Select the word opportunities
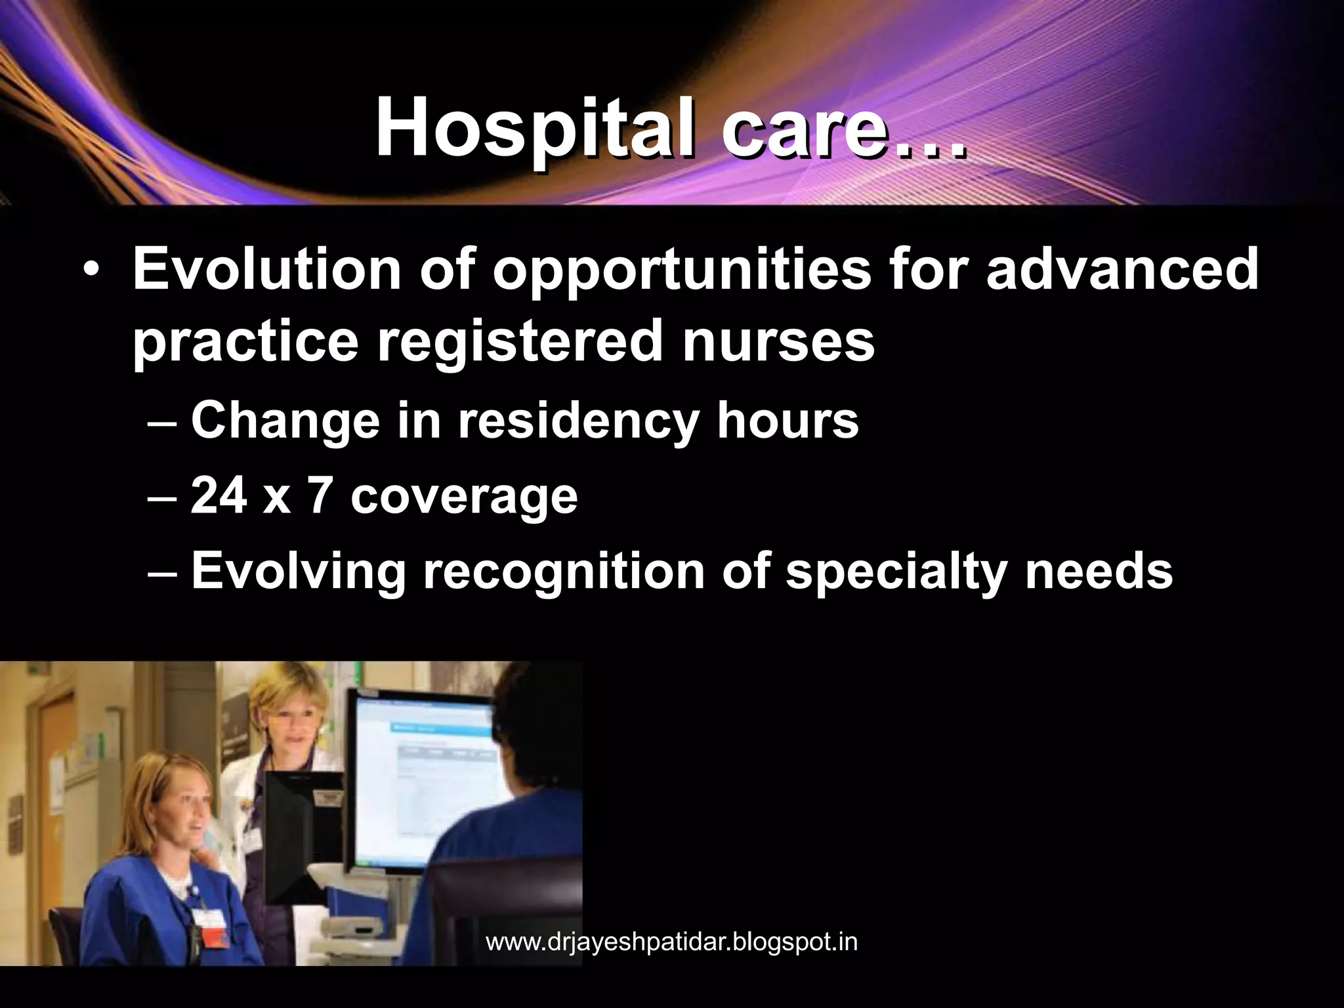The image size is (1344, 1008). point(681,270)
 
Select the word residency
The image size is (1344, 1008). point(578,421)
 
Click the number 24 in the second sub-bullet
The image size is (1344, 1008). point(219,495)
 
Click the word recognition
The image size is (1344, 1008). point(564,572)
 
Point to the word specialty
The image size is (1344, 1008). point(896,572)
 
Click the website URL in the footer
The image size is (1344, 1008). point(671,942)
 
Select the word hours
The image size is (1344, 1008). point(787,420)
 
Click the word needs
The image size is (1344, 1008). point(1099,571)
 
